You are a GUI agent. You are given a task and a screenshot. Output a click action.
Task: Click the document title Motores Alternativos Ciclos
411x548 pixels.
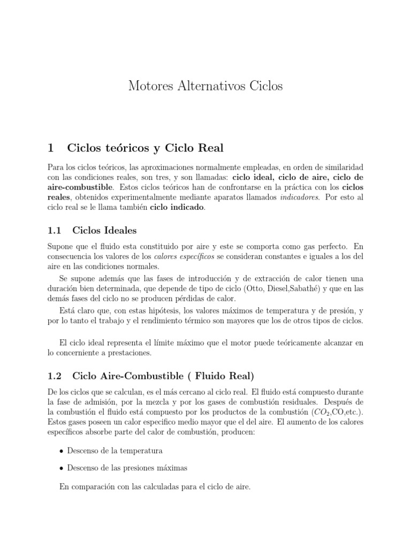(x=205, y=86)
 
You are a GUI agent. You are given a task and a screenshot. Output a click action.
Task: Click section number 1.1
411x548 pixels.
(x=55, y=231)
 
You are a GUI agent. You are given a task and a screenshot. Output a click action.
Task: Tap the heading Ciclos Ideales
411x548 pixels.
(x=104, y=231)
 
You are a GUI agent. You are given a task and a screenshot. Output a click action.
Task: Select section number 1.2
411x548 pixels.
(x=55, y=376)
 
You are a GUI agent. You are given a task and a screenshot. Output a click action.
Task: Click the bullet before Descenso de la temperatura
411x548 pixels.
(x=62, y=451)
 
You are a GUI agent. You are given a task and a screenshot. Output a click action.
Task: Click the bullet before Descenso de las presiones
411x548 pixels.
(x=62, y=468)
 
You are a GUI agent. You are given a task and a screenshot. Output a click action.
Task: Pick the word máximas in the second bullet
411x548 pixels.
(x=170, y=468)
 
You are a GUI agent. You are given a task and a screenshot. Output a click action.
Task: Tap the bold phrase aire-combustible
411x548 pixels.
(x=80, y=187)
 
